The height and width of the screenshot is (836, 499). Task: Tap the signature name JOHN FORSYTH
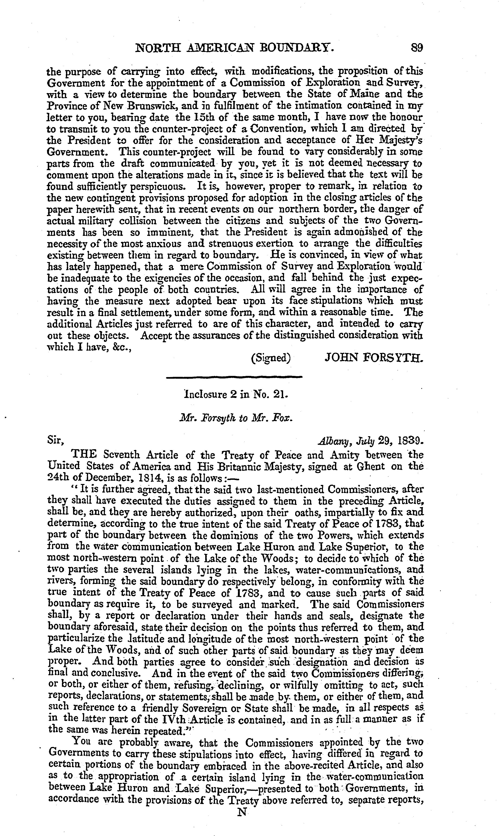tap(373, 357)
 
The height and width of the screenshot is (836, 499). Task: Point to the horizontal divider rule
tap(235, 377)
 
